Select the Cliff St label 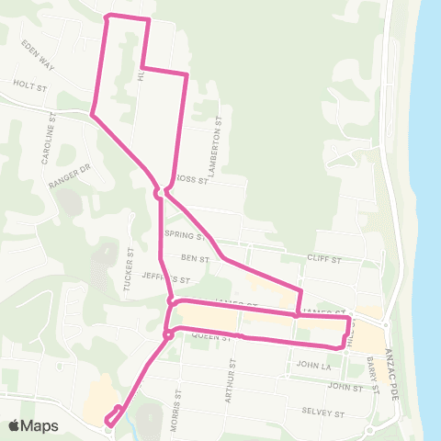[323, 260]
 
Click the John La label [313, 365]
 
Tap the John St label [345, 387]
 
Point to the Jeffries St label [166, 277]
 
